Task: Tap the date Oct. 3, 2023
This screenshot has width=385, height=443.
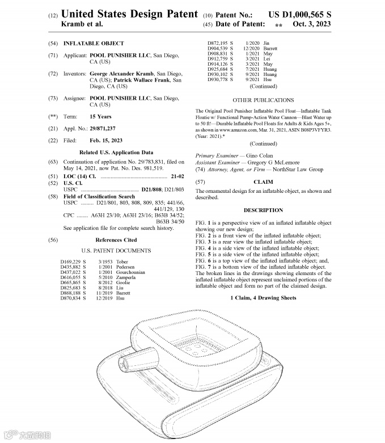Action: point(309,24)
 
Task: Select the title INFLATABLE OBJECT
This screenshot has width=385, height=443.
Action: point(90,44)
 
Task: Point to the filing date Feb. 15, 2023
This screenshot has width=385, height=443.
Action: point(106,140)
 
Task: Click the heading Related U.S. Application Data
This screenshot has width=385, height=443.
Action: point(116,153)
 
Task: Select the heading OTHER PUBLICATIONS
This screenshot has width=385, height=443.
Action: point(263,100)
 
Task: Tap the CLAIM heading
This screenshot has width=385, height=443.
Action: point(263,182)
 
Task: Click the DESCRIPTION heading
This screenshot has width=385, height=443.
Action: point(263,210)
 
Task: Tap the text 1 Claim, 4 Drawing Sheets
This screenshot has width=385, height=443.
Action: point(263,298)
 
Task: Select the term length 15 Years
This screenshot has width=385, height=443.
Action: point(100,116)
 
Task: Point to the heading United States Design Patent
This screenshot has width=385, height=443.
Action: point(129,13)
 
